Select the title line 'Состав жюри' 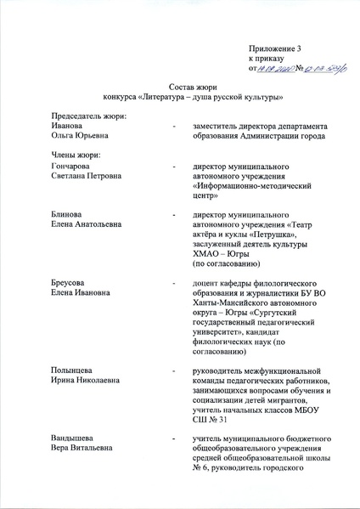(180, 88)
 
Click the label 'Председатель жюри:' (88, 116)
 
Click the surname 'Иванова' (70, 125)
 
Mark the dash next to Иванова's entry (174, 126)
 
